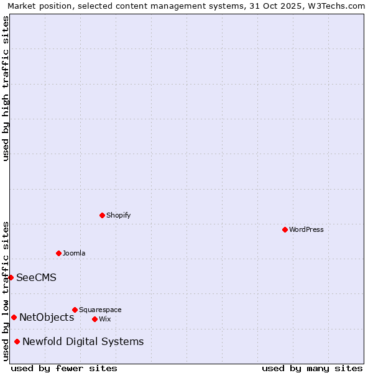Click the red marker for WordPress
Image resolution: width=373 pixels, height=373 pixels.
[285, 229]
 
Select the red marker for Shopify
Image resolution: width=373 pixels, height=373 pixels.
[102, 215]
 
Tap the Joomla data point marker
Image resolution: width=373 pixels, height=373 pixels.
[58, 253]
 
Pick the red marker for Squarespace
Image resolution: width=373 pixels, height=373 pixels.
[75, 310]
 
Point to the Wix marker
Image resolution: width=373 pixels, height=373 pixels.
[94, 319]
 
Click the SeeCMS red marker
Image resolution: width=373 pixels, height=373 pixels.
[11, 277]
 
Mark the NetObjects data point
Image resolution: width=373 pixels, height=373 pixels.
[14, 317]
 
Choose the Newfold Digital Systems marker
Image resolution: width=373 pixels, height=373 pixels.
[17, 341]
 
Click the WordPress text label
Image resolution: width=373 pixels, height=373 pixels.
[306, 229]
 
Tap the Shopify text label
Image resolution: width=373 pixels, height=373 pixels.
[118, 215]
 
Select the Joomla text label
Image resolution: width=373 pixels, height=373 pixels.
[74, 253]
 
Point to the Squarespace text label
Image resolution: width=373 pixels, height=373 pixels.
[100, 310]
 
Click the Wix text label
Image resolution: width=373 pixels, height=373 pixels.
[104, 319]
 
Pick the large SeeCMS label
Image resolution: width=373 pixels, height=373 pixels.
[36, 277]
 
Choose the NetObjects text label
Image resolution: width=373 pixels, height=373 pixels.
[47, 317]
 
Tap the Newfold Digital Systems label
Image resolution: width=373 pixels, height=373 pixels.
[83, 341]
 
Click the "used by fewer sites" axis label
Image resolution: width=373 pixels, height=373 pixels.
[64, 368]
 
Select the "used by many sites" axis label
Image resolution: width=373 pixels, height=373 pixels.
[312, 368]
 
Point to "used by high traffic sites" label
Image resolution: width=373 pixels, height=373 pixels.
[6, 88]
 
